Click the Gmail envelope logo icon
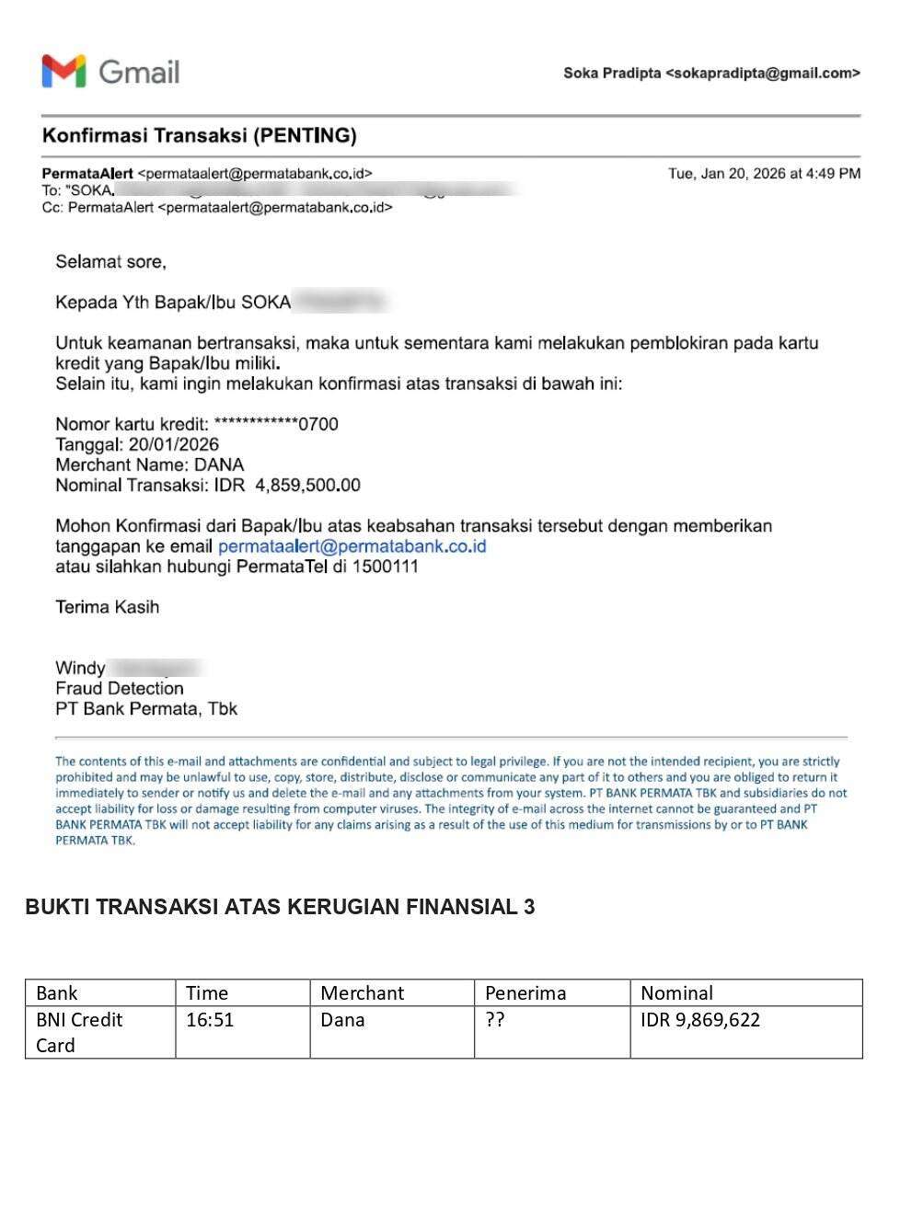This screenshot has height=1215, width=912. click(x=63, y=72)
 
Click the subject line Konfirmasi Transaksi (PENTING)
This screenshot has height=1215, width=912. click(x=199, y=136)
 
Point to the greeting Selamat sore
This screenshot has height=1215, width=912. click(x=110, y=262)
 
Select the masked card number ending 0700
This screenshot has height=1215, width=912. click(x=276, y=424)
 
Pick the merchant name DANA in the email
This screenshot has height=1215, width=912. click(x=218, y=464)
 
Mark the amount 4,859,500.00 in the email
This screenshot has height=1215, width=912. click(x=307, y=485)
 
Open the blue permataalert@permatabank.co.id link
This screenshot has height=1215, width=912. click(x=352, y=546)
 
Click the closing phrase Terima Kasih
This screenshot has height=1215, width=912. click(x=107, y=607)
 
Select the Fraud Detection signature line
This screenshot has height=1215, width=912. click(x=120, y=688)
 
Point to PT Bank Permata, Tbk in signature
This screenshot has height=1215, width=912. click(x=146, y=708)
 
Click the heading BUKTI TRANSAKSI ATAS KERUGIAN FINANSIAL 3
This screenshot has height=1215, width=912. click(x=280, y=907)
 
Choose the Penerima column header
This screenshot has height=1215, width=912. click(x=525, y=993)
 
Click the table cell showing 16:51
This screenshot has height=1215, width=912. click(x=210, y=1020)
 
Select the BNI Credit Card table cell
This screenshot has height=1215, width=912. click(x=79, y=1032)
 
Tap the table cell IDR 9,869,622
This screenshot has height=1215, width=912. click(x=700, y=1020)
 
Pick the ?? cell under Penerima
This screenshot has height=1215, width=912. click(x=495, y=1020)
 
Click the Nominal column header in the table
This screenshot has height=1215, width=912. click(x=676, y=993)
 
